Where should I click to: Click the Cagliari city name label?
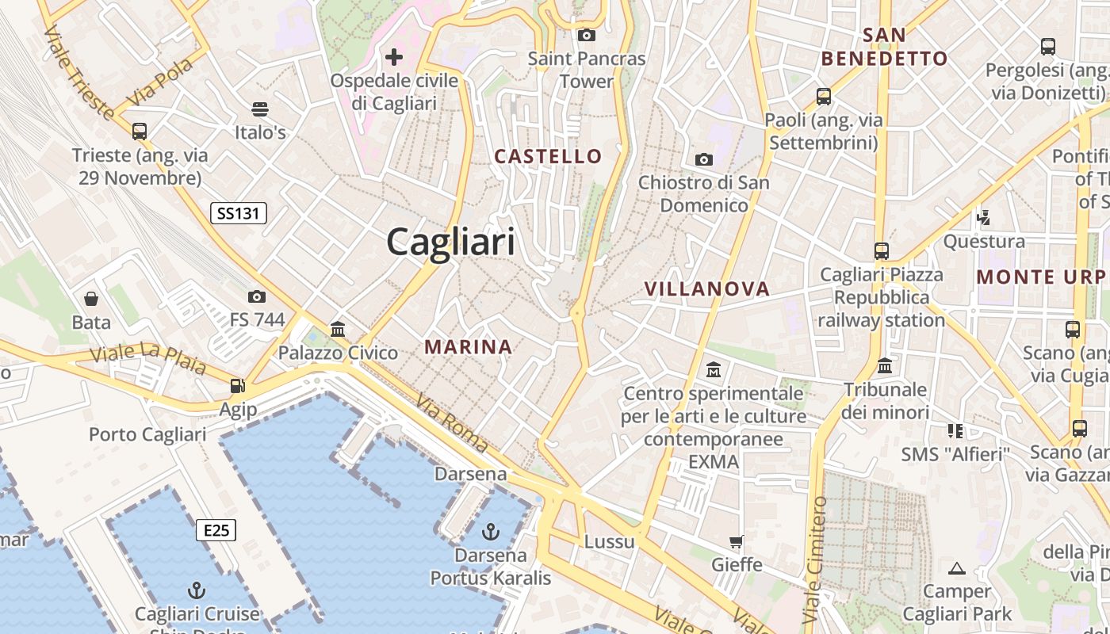click(450, 242)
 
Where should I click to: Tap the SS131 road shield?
click(239, 212)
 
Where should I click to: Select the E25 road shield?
click(216, 529)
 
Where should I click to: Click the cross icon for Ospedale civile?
click(394, 57)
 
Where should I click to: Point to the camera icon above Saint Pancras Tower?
click(587, 35)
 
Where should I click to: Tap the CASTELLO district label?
click(549, 156)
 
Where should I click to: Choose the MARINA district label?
click(469, 346)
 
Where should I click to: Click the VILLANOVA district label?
click(707, 289)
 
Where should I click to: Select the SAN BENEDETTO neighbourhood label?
click(884, 47)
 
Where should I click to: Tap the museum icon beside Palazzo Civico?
click(338, 329)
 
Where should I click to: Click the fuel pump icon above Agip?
click(237, 386)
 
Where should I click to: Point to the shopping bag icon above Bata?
click(91, 299)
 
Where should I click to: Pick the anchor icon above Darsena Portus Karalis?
click(491, 530)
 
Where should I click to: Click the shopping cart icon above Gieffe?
click(737, 542)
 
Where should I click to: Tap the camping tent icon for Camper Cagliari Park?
click(957, 568)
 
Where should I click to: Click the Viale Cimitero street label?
click(814, 559)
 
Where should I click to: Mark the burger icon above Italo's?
click(260, 109)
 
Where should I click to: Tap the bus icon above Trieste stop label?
click(140, 131)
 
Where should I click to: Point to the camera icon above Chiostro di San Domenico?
click(703, 160)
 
